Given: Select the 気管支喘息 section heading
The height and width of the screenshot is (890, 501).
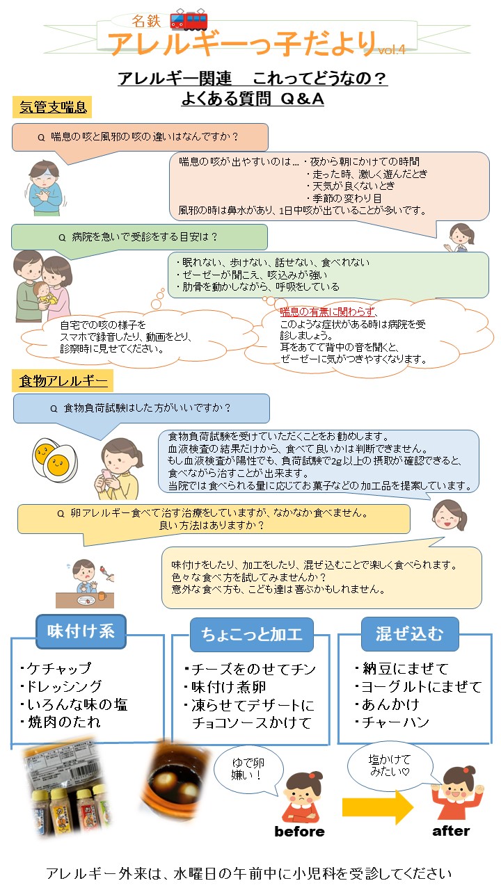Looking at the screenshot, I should point(53,106).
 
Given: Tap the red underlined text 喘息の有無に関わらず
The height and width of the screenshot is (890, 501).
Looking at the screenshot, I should point(328,311).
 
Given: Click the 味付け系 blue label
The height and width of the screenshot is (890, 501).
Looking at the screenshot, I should point(80,631).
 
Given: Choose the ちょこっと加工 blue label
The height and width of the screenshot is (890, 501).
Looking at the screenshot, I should point(251,634).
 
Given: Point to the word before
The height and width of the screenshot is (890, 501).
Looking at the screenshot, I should point(299,832).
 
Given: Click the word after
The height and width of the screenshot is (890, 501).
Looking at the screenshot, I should point(451,831).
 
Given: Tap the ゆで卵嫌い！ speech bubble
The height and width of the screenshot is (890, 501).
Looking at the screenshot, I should point(248,767).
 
